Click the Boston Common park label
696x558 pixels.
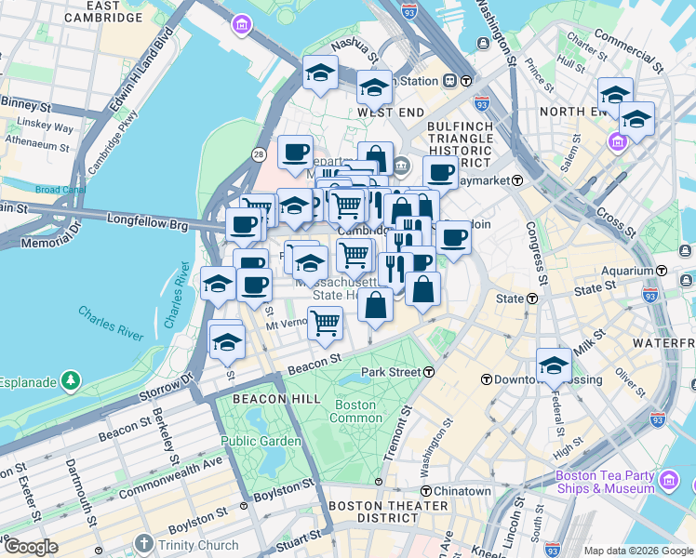click(x=355, y=412)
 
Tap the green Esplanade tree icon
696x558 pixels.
click(x=71, y=380)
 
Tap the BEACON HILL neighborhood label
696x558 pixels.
click(x=251, y=398)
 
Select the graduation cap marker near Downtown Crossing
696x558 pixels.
click(x=554, y=364)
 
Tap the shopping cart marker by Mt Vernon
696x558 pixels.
click(x=325, y=323)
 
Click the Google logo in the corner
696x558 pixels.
click(x=31, y=547)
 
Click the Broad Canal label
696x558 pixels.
click(x=59, y=190)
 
